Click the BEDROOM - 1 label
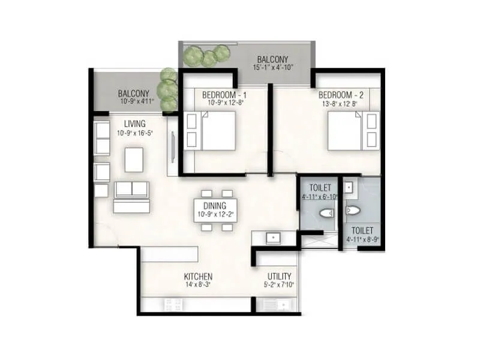224,95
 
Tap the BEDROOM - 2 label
341,95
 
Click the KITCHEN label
198,277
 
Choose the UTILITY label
279,277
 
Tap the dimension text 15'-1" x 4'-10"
272,68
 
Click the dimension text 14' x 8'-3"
198,284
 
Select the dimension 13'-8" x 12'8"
341,103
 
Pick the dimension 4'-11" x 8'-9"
362,239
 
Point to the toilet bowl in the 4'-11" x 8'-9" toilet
352,211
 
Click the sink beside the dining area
274,237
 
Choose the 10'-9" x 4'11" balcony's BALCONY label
133,94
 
